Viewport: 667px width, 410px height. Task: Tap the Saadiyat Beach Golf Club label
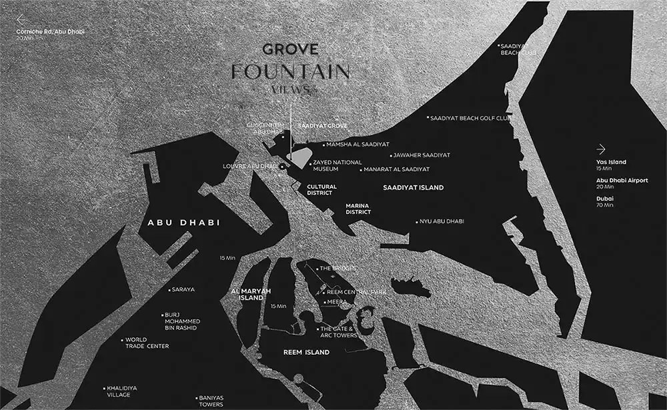pyautogui.click(x=471, y=118)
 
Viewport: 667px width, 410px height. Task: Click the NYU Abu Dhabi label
pyautogui.click(x=442, y=221)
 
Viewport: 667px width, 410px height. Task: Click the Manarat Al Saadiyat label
pyautogui.click(x=396, y=170)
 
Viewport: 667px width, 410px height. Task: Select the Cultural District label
pyautogui.click(x=321, y=190)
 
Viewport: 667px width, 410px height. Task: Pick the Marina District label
pyautogui.click(x=358, y=209)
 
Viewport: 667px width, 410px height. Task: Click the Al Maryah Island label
pyautogui.click(x=247, y=295)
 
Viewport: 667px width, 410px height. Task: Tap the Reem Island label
pyautogui.click(x=307, y=352)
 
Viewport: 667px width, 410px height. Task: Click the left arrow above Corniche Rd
pyautogui.click(x=21, y=19)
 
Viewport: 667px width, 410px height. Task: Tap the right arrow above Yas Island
pyautogui.click(x=601, y=149)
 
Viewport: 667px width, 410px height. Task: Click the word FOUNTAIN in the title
pyautogui.click(x=290, y=71)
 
